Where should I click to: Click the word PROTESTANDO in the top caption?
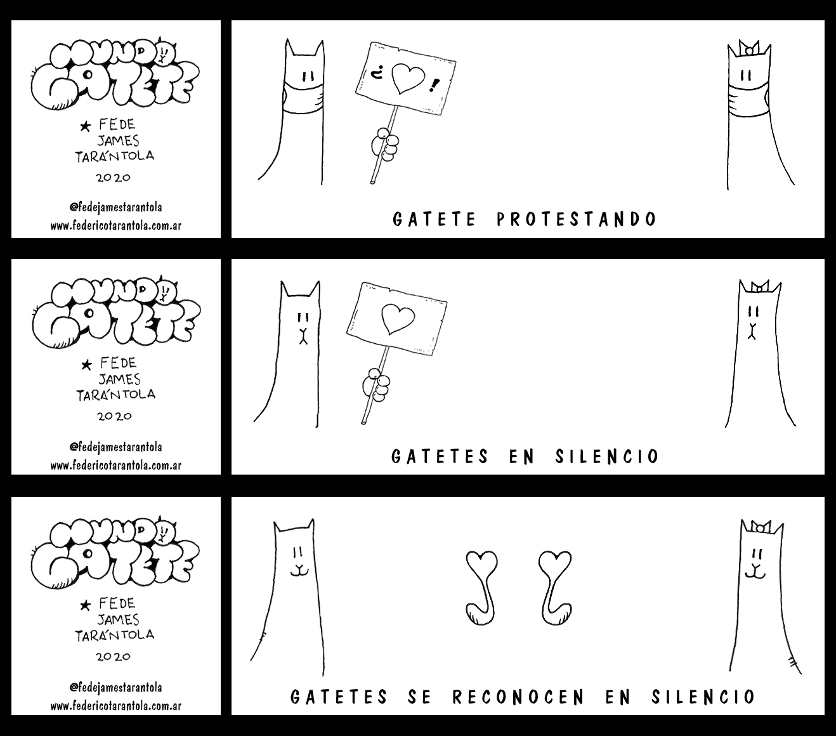576,219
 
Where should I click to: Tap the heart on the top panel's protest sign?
408,79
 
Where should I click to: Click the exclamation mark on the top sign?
433,86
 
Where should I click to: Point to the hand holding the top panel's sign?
385,144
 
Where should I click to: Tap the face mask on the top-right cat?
748,98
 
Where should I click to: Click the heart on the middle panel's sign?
398,319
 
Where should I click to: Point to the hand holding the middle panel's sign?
376,384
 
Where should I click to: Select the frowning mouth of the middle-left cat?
303,336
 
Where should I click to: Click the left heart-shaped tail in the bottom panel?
481,588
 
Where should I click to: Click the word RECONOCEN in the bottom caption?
519,697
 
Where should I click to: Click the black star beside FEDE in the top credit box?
86,126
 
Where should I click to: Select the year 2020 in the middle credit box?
114,416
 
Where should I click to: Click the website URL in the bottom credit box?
116,706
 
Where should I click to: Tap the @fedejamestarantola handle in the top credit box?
116,207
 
